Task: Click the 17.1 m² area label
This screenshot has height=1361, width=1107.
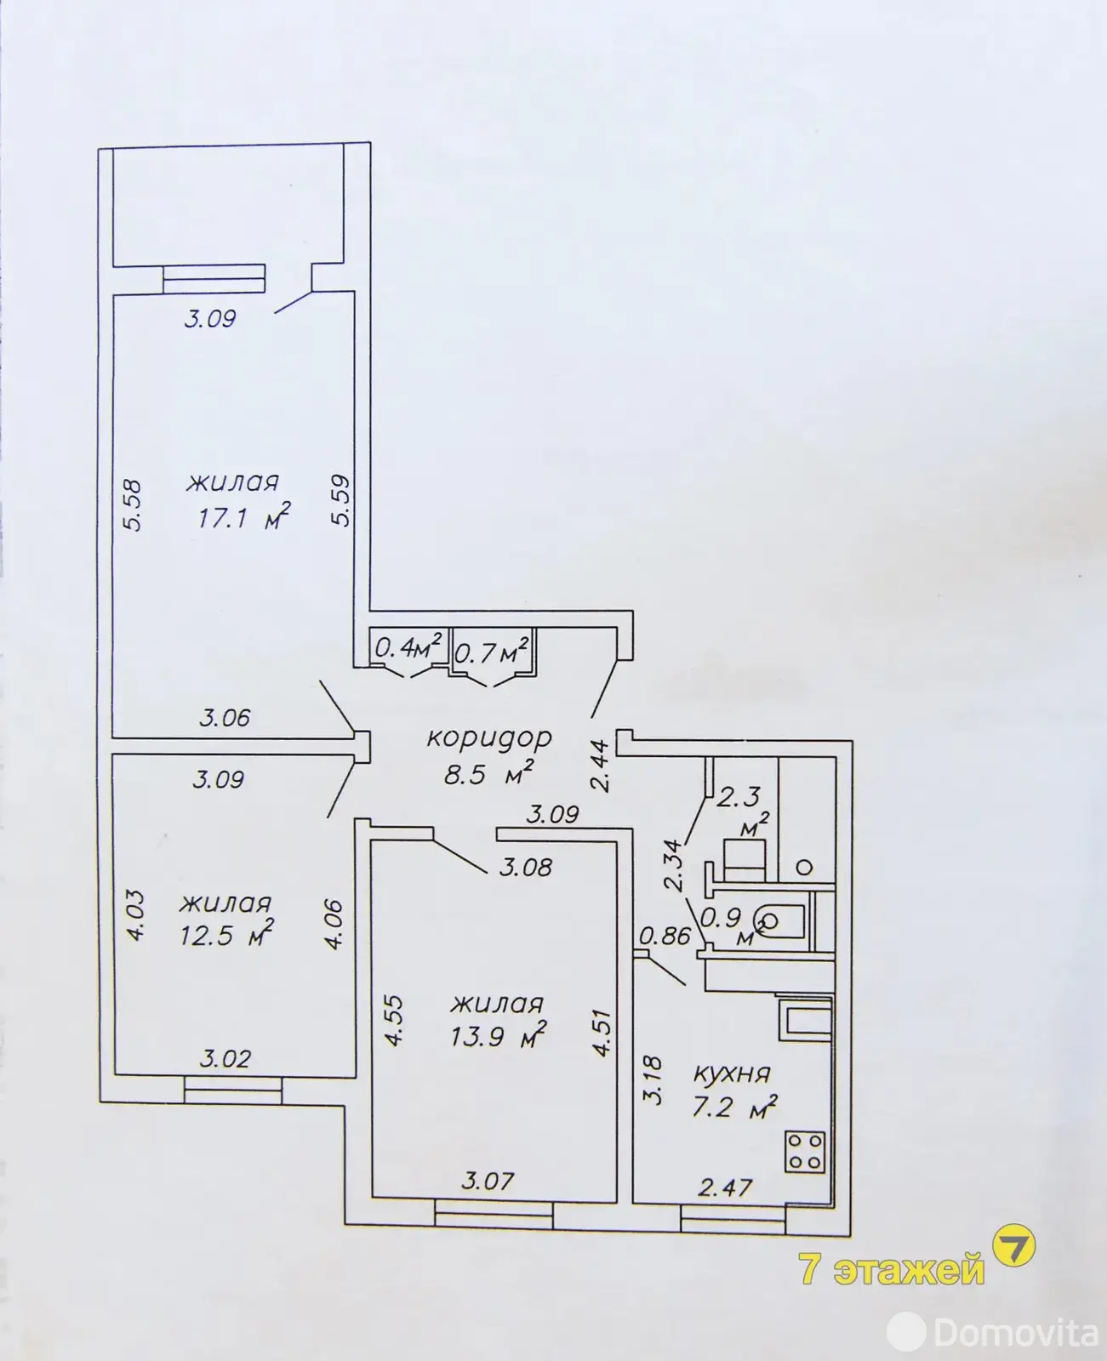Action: [243, 516]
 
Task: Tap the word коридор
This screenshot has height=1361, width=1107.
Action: [489, 739]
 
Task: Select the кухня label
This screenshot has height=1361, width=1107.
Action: [732, 1074]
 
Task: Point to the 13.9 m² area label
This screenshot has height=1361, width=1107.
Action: [498, 1036]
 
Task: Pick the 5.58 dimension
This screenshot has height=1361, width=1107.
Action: [133, 505]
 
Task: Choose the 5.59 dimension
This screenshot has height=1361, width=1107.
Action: [341, 500]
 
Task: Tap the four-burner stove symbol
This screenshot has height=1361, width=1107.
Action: [805, 1153]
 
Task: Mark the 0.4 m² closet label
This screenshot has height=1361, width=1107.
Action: [408, 648]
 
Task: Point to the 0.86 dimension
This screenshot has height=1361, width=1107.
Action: [665, 936]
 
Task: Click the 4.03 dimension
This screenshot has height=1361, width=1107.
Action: [136, 915]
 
